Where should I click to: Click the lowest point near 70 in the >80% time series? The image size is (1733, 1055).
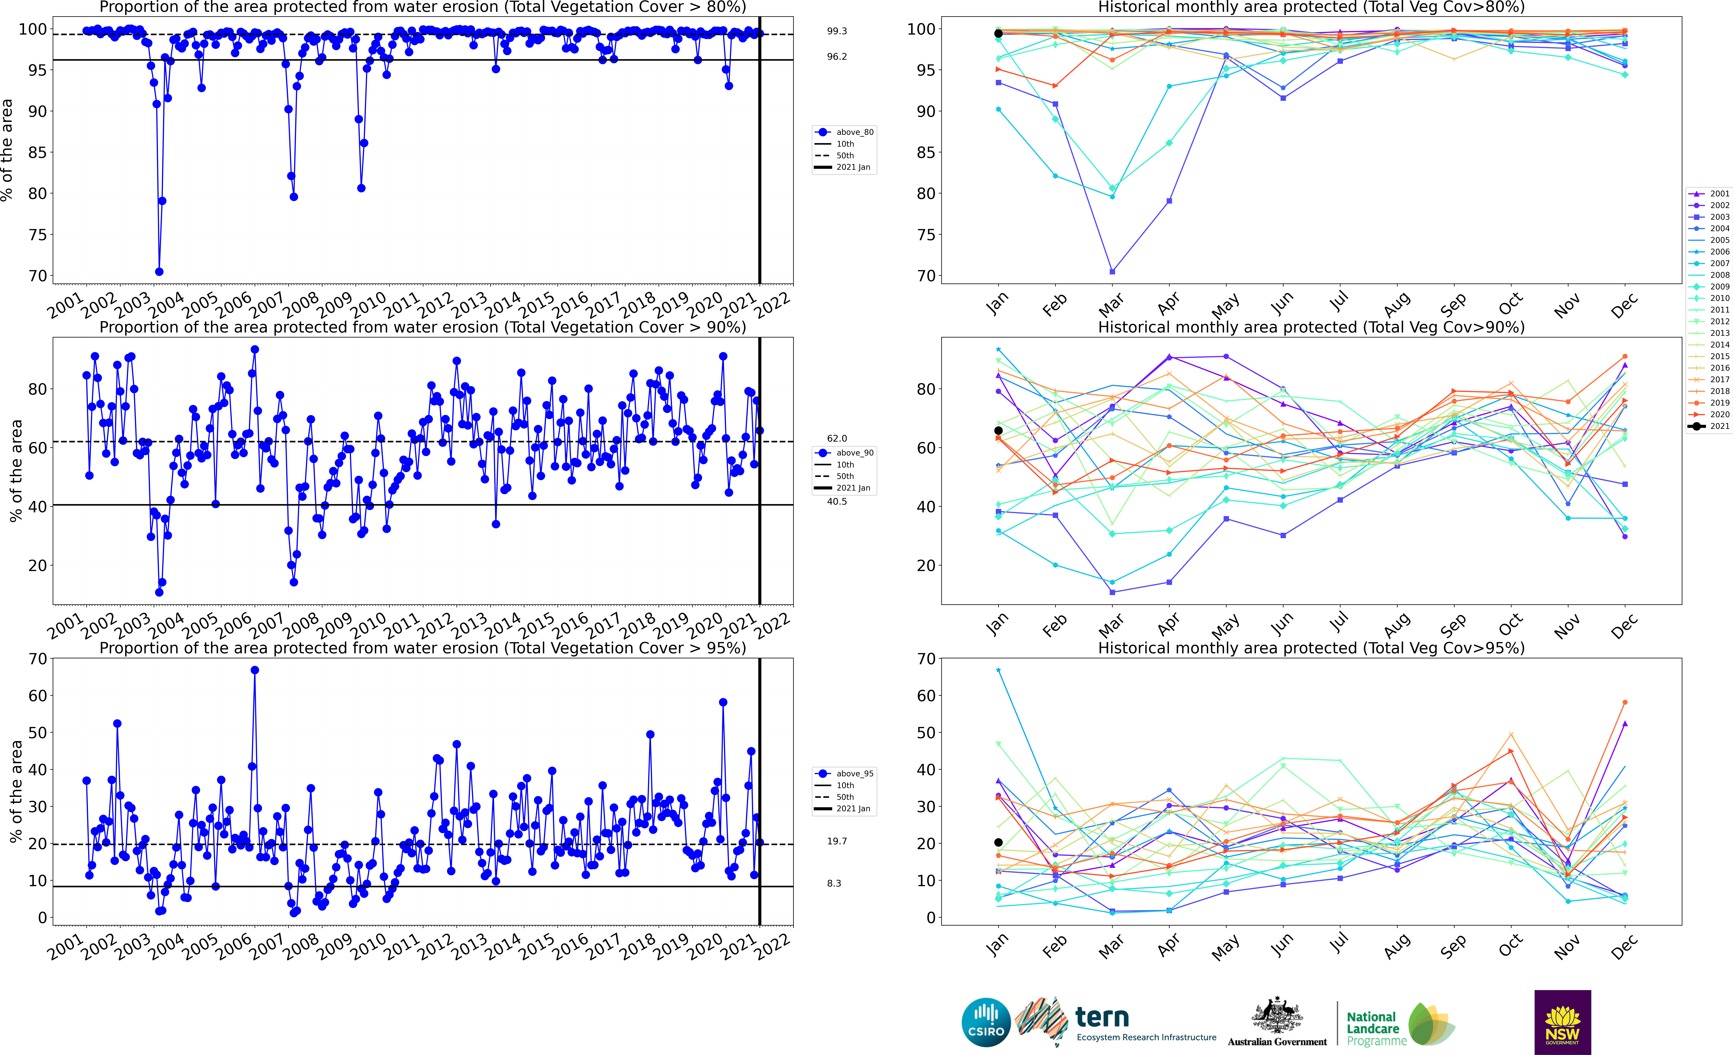[159, 271]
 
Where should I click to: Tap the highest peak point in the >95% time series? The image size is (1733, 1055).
[255, 670]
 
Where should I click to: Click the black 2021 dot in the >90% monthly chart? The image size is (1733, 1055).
[998, 431]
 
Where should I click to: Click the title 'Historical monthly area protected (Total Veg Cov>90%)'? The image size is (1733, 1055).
[1311, 327]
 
